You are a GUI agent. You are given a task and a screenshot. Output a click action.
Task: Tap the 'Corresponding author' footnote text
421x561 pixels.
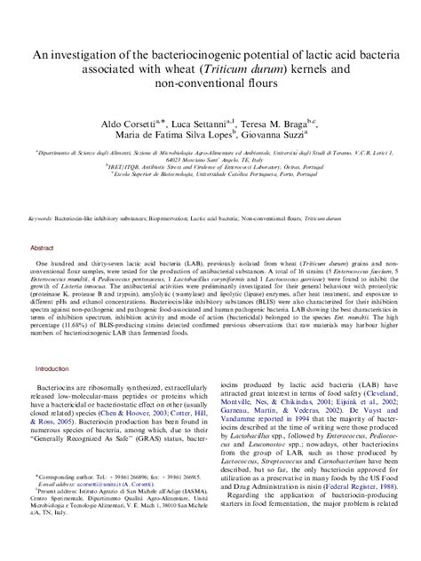63,500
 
